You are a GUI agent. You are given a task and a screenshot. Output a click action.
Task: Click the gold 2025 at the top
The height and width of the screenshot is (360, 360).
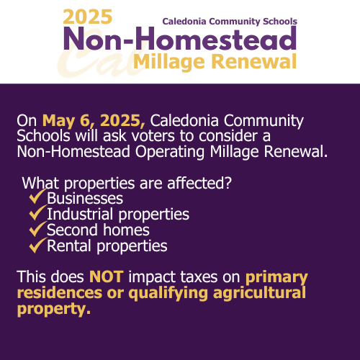pyautogui.click(x=88, y=17)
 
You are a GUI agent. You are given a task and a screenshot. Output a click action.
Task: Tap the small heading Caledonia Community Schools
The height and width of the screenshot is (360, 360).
pyautogui.click(x=230, y=22)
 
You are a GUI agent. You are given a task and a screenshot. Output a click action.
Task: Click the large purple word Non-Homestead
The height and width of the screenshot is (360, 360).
pyautogui.click(x=180, y=38)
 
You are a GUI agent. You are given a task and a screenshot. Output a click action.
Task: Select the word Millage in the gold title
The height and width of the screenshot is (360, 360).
pyautogui.click(x=169, y=63)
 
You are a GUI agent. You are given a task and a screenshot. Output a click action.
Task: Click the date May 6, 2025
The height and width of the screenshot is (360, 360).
pyautogui.click(x=94, y=120)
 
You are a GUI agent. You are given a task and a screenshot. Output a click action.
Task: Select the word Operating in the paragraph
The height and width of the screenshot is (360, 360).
pyautogui.click(x=170, y=152)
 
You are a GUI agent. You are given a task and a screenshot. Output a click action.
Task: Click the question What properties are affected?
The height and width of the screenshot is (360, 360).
pyautogui.click(x=127, y=184)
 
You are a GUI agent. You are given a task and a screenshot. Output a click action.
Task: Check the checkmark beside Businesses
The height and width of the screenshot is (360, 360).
pyautogui.click(x=37, y=197)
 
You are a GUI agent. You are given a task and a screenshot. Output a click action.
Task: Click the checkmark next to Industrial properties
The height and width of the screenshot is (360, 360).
pyautogui.click(x=37, y=212)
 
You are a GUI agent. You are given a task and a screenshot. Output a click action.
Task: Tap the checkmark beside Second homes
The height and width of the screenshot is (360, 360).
pyautogui.click(x=37, y=229)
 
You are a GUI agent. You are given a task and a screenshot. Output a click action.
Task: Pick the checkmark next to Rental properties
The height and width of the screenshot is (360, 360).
pyautogui.click(x=37, y=245)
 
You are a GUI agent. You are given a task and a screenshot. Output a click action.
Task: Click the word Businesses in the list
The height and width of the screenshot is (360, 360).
pyautogui.click(x=85, y=198)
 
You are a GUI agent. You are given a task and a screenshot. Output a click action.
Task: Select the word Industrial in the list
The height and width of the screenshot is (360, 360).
pyautogui.click(x=80, y=214)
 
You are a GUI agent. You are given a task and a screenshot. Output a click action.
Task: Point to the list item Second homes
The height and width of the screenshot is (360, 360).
pyautogui.click(x=98, y=230)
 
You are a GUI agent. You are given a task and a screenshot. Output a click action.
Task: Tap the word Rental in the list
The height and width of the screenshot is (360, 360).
pyautogui.click(x=69, y=246)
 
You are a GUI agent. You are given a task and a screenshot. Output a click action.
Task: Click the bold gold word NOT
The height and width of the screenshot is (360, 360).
pyautogui.click(x=107, y=276)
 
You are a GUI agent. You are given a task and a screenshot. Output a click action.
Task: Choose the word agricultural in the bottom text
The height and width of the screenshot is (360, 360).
pyautogui.click(x=259, y=293)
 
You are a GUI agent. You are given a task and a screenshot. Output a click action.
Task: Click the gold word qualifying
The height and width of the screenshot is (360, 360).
pyautogui.click(x=168, y=294)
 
